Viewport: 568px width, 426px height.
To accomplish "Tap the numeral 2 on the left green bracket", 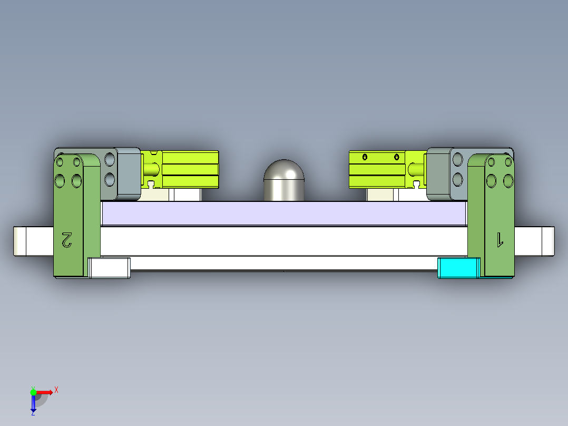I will [67, 239].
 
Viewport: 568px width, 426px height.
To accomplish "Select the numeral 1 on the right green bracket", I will [499, 239].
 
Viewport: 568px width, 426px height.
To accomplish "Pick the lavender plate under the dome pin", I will [285, 214].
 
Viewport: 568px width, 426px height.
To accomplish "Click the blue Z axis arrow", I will [33, 403].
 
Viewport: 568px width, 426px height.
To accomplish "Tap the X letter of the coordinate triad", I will [56, 390].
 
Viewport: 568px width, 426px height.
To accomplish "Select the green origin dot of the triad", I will [33, 392].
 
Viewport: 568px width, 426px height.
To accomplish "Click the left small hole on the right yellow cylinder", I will [365, 157].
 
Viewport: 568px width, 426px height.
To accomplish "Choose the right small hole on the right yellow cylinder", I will [396, 157].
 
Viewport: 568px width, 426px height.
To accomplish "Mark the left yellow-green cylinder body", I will [190, 169].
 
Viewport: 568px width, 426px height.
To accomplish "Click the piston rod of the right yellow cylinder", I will [415, 169].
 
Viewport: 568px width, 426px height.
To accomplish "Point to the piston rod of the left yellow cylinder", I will [152, 169].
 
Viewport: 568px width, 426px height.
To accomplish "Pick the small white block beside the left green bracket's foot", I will [110, 267].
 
